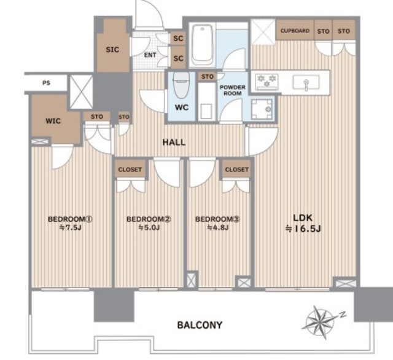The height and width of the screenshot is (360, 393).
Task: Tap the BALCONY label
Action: point(200,325)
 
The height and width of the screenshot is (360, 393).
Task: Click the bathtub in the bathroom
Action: point(202,45)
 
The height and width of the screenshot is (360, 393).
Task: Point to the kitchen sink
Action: point(306,82)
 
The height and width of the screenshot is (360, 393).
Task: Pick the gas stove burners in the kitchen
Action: point(267,82)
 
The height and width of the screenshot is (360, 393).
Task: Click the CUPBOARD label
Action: point(295,31)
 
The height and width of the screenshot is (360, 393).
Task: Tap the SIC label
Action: point(112,50)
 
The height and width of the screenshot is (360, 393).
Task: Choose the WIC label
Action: point(53,121)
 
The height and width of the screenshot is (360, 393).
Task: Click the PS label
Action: point(47,83)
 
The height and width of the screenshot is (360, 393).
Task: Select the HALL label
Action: point(174,143)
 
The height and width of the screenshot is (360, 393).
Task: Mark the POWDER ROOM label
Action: point(232,90)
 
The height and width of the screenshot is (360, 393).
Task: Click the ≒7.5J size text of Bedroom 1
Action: point(71,228)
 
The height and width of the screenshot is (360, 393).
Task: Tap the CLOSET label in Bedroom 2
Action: point(130,170)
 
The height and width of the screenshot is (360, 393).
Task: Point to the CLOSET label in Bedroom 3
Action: point(237,170)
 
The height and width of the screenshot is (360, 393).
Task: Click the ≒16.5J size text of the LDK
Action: point(303,229)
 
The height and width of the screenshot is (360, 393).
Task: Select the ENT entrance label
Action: point(150,55)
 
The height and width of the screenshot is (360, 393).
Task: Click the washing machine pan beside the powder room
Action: point(262,109)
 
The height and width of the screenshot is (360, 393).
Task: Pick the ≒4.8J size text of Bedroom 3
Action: point(218,228)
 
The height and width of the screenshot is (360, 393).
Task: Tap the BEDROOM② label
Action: point(149,219)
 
